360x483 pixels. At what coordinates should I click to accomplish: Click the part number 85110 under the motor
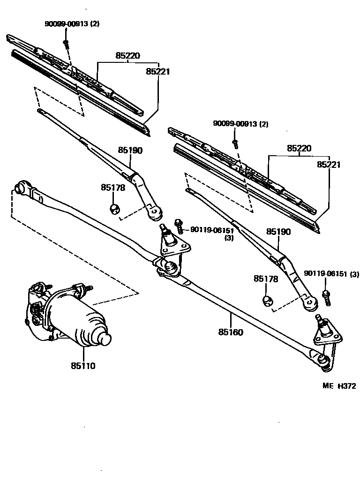pos(83,366)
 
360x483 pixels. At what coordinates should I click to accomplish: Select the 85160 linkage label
pos(230,332)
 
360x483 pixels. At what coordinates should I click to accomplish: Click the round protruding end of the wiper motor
pos(104,338)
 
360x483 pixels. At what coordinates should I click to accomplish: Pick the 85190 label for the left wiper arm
pos(130,150)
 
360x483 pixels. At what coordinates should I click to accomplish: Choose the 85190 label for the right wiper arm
pos(278,232)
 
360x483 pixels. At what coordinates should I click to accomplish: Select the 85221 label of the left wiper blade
pos(157,72)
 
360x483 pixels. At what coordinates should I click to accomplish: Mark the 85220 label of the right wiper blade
pos(299,148)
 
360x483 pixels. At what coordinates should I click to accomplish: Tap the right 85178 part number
pos(266,279)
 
